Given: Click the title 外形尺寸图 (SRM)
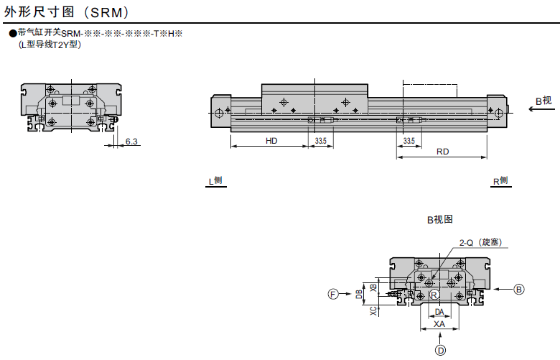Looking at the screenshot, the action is click(x=66, y=11).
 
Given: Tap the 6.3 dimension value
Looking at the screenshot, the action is click(x=131, y=142).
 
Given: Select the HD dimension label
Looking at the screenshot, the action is click(x=271, y=141).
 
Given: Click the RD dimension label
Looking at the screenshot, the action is click(x=442, y=152).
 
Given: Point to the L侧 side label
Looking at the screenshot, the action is click(x=215, y=181).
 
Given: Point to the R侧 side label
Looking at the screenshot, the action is click(x=500, y=181).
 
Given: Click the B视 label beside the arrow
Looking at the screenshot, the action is click(x=543, y=101).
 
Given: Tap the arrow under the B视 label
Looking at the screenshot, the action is click(x=542, y=109).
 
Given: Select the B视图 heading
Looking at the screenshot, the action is click(x=440, y=219).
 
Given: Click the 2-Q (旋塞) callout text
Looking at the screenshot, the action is click(x=481, y=242).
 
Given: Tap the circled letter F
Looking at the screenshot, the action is click(x=333, y=294).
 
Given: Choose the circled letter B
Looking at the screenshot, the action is click(x=519, y=289).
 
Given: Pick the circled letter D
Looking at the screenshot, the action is click(x=440, y=351).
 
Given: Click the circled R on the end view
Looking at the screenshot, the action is click(x=434, y=295).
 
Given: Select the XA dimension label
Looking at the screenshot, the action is click(x=439, y=324).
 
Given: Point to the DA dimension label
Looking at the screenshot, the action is click(x=439, y=312).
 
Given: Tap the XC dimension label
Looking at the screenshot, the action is click(x=373, y=310).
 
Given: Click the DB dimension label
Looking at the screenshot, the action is click(x=359, y=294).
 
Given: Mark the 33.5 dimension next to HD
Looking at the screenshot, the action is click(x=321, y=141).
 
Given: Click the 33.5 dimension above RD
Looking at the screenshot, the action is click(x=409, y=141).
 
